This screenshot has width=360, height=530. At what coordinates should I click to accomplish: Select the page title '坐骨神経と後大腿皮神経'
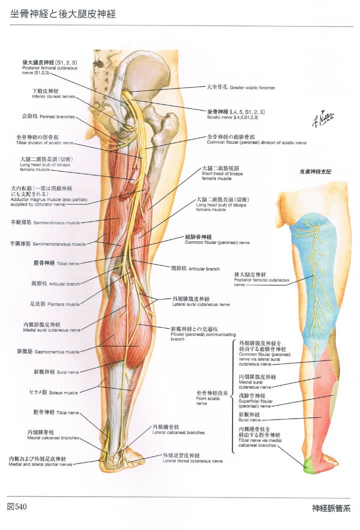coord(62,14)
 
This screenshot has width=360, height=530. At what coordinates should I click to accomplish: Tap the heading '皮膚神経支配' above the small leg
coord(315,171)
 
